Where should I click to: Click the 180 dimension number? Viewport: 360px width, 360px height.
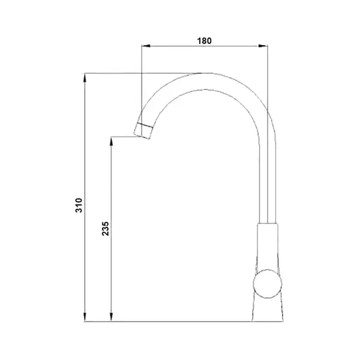[x=204, y=41]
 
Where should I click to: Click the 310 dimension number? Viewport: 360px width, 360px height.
[x=79, y=205]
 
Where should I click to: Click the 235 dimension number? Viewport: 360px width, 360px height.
[x=105, y=229]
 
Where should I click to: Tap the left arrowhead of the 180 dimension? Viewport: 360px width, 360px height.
[x=146, y=46]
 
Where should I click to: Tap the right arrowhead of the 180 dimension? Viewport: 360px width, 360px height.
[x=263, y=46]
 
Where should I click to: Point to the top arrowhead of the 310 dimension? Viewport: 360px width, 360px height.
[x=85, y=77]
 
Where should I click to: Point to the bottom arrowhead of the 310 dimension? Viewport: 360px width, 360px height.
[x=85, y=317]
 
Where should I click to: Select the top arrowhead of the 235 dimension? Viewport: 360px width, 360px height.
[x=112, y=141]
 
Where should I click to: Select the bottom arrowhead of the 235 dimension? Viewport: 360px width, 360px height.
[x=112, y=317]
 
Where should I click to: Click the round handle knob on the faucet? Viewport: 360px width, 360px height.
[x=268, y=284]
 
